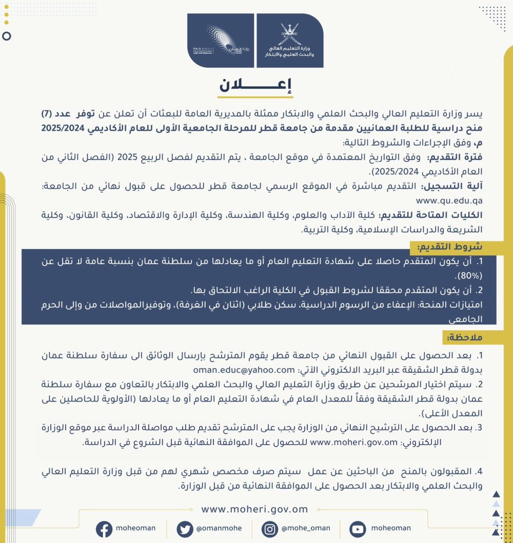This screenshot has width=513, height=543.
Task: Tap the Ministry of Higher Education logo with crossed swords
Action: coord(289,41)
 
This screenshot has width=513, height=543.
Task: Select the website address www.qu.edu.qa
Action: coord(448,200)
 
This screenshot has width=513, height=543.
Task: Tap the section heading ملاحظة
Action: coord(464,338)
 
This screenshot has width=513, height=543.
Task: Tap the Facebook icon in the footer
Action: coord(104,529)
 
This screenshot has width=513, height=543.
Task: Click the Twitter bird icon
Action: coord(184,529)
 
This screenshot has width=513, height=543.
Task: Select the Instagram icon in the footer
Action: coord(270,529)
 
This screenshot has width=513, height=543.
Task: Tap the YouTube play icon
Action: coord(357,529)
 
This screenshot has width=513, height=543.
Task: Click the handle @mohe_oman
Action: coord(306,528)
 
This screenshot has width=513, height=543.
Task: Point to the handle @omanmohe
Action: coord(218,528)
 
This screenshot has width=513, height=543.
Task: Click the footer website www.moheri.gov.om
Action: coord(254,509)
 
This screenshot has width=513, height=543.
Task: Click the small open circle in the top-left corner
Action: coord(7,36)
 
